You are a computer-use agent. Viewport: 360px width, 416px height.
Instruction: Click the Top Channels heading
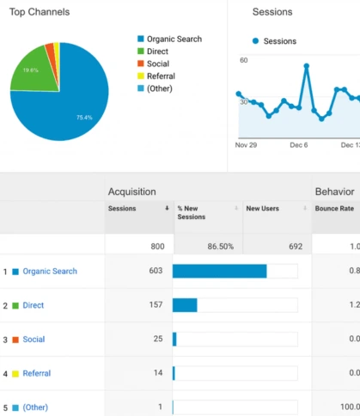click(x=40, y=12)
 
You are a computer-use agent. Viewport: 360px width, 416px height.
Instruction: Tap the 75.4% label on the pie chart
click(x=84, y=118)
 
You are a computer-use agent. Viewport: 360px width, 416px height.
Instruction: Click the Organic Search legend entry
click(x=169, y=39)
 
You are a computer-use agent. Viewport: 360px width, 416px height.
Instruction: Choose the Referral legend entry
click(x=156, y=76)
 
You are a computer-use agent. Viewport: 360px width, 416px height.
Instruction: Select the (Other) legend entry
click(x=155, y=89)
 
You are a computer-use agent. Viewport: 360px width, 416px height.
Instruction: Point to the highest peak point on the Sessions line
click(x=307, y=66)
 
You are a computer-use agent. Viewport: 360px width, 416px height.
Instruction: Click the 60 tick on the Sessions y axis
click(x=244, y=60)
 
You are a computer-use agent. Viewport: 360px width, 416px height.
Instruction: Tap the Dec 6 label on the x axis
click(x=299, y=145)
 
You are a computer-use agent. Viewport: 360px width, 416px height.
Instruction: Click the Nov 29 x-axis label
click(x=246, y=145)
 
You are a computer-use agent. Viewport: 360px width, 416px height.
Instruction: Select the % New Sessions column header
click(x=192, y=212)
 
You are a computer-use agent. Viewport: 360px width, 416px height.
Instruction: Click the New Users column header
click(x=263, y=209)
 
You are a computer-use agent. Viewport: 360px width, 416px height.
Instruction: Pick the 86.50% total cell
click(x=221, y=247)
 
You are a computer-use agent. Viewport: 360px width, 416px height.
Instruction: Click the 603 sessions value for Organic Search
click(x=156, y=271)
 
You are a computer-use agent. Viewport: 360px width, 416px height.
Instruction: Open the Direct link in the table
click(x=34, y=305)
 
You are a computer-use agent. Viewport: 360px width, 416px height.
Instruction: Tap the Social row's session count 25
click(x=158, y=339)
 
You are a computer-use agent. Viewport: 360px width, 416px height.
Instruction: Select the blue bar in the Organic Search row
click(x=220, y=271)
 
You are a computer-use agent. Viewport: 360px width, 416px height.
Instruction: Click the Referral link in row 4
click(x=37, y=373)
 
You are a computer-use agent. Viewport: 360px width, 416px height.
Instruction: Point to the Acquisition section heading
click(x=132, y=192)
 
